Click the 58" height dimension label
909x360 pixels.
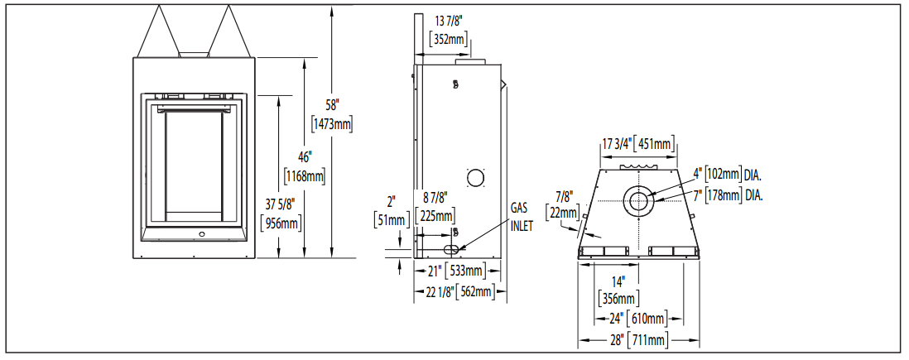click(x=332, y=106)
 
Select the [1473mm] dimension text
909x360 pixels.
click(x=332, y=124)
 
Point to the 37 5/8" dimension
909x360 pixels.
click(x=279, y=205)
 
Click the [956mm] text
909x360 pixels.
click(x=279, y=223)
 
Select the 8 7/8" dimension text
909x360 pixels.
click(x=435, y=199)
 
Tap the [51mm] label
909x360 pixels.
click(x=391, y=219)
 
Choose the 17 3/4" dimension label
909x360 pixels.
click(x=614, y=144)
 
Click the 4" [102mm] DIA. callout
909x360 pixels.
click(x=727, y=175)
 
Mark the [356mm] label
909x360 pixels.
click(x=618, y=298)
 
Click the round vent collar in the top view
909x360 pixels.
click(x=637, y=201)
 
